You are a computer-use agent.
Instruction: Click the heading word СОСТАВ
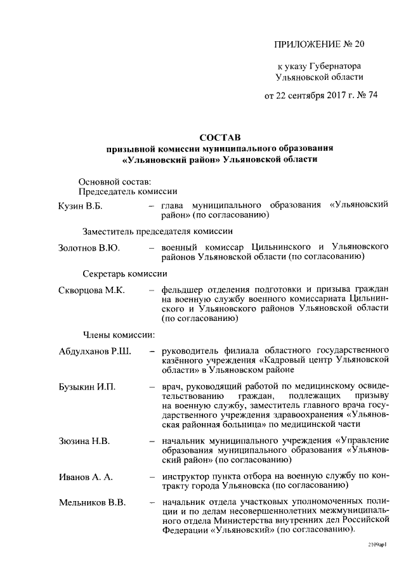(220, 136)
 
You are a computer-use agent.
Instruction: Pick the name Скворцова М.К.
(92, 290)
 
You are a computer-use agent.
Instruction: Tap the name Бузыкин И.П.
(88, 387)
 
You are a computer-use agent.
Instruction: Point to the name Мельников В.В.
(93, 503)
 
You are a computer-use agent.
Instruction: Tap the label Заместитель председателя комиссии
(153, 231)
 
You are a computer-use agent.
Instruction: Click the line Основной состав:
(114, 181)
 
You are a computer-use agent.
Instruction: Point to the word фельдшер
(182, 290)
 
